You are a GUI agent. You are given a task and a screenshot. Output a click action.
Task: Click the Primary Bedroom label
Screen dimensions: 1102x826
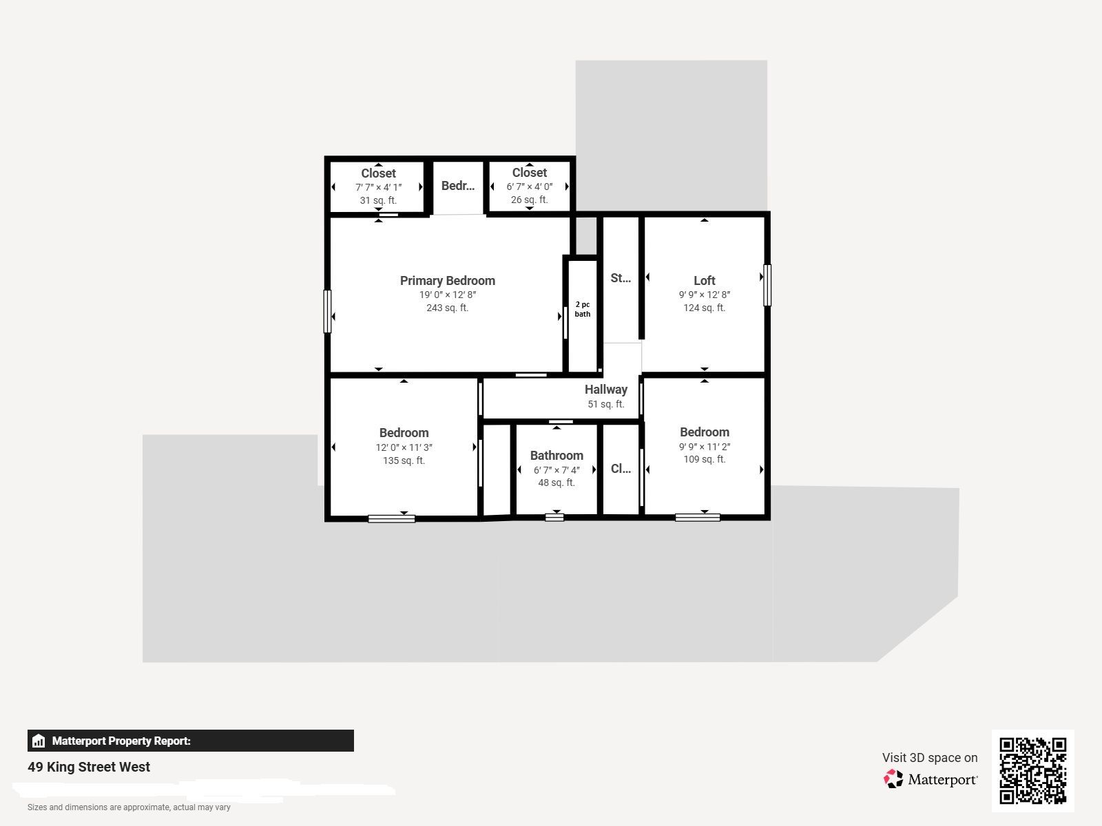click(447, 280)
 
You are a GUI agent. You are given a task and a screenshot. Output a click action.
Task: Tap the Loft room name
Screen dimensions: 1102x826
click(704, 280)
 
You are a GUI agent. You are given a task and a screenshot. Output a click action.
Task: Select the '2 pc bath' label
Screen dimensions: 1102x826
click(583, 309)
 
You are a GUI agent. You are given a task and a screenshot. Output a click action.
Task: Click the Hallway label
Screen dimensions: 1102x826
click(605, 389)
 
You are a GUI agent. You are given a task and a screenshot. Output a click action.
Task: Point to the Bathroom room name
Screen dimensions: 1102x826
click(557, 456)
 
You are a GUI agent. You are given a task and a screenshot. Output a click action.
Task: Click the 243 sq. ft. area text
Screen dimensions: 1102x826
click(447, 308)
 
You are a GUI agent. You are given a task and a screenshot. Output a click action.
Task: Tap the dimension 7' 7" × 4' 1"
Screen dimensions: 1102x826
click(379, 187)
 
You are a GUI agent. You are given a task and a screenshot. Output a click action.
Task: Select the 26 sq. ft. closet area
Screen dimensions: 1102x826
click(529, 200)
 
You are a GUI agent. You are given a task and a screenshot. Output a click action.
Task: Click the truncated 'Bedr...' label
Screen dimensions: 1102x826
click(458, 186)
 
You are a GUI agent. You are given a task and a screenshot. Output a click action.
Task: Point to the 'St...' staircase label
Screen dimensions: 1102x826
click(621, 278)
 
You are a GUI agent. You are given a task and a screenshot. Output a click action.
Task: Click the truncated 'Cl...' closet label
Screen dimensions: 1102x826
click(621, 469)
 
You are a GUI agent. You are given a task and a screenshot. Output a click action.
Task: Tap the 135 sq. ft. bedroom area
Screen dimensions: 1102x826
click(404, 460)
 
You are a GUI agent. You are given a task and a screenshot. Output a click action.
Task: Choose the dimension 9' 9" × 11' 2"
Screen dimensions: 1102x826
click(705, 446)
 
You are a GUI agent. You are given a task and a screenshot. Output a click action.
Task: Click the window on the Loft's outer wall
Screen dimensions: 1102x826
click(767, 285)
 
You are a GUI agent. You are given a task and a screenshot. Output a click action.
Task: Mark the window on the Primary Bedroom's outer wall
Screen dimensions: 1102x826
click(327, 311)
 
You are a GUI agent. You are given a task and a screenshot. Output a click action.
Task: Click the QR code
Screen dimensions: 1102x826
click(1032, 770)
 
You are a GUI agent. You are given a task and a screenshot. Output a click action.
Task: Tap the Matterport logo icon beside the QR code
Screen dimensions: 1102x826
click(893, 779)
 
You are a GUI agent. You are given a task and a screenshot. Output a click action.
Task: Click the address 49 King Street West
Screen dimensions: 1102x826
click(89, 767)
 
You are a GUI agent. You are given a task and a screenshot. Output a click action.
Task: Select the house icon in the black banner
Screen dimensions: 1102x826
click(38, 741)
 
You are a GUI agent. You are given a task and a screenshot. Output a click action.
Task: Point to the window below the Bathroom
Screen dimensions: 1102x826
click(554, 518)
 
